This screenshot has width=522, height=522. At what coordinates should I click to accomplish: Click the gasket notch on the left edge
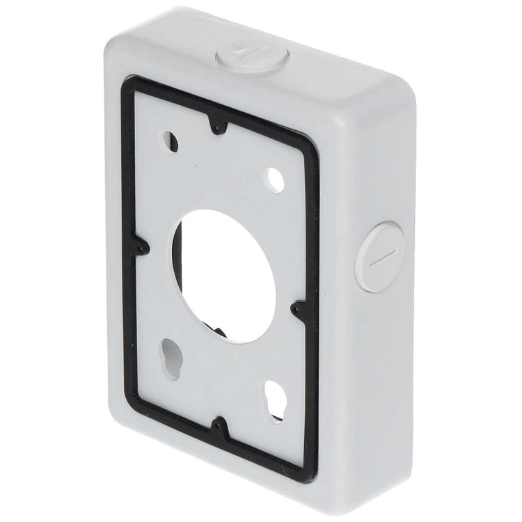pos(141,248)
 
